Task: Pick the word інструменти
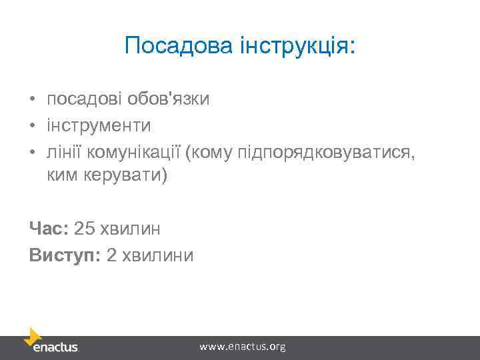click(99, 125)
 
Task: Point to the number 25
click(85, 229)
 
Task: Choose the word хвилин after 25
click(130, 229)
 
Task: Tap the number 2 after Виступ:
click(111, 255)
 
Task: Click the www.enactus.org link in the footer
click(243, 347)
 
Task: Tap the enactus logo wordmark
click(56, 348)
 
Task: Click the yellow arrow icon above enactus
click(32, 335)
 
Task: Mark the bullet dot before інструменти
click(33, 125)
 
